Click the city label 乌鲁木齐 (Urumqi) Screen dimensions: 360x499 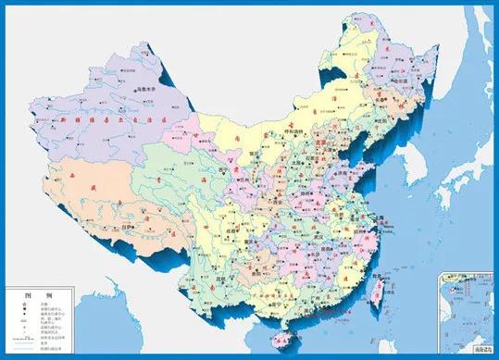click(x=147, y=89)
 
